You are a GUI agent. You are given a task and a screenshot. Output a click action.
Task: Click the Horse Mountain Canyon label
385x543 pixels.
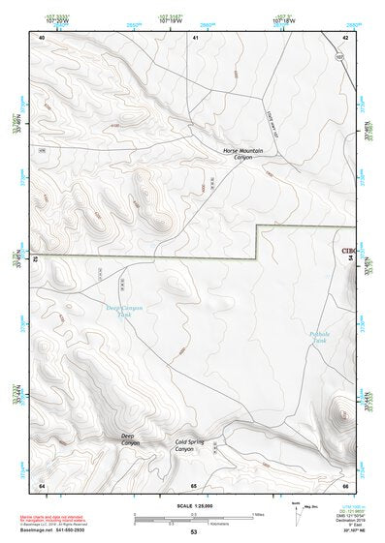tap(242, 154)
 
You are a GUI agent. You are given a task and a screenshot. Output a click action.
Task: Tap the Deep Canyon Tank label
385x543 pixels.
tap(123, 311)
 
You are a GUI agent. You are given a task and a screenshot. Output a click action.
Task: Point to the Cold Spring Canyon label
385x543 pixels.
tap(189, 445)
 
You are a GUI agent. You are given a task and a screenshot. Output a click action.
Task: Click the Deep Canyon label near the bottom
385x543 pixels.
tap(130, 439)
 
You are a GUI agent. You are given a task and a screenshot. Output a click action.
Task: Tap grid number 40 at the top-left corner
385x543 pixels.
tap(42, 37)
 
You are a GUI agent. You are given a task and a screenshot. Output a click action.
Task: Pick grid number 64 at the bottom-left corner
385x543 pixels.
tap(42, 484)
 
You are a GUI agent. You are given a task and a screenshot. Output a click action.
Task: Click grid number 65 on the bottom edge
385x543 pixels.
tap(194, 484)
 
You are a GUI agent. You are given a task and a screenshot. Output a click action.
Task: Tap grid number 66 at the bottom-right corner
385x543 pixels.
tap(345, 484)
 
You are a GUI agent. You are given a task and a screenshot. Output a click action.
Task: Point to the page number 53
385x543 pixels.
tap(193, 532)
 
